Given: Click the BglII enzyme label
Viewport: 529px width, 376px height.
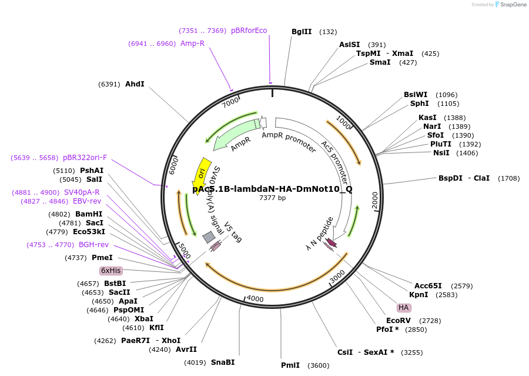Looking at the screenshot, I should (x=302, y=32).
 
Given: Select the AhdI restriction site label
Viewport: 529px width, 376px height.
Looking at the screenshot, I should (x=135, y=84).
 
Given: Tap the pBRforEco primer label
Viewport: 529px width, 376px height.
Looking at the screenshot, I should (x=249, y=31).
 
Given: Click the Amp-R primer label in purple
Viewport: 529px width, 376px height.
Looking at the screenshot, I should (x=192, y=44).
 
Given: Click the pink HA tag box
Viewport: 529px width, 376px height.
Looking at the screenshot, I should (x=403, y=308).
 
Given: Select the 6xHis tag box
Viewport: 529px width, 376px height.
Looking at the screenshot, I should (x=111, y=271).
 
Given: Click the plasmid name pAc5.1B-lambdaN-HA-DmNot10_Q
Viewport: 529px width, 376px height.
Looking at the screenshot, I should (x=273, y=189).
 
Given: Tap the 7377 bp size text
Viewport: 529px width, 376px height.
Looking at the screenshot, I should (x=273, y=198).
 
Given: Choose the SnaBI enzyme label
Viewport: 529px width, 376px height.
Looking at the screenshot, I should (x=223, y=362).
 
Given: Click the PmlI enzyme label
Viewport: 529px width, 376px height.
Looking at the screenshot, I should (x=290, y=365).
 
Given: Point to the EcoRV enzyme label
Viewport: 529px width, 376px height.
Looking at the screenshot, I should (x=398, y=321).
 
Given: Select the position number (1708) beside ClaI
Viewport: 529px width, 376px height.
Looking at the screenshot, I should (x=510, y=178).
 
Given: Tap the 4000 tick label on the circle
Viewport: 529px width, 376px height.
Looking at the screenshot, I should (x=255, y=298).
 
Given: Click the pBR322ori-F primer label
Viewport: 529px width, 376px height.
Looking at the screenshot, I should (x=85, y=158).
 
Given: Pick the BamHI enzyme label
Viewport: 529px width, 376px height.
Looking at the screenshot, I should (x=89, y=214).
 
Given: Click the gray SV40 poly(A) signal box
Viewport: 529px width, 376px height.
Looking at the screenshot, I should (x=208, y=237).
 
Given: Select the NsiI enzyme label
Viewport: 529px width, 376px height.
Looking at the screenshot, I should (x=441, y=153).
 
